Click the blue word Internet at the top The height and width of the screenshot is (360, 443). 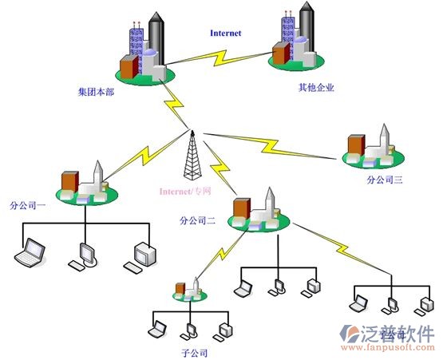point(225,34)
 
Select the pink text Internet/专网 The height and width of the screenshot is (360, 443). point(184,192)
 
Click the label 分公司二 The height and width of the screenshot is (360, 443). point(197,220)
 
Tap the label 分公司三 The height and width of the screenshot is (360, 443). point(385,180)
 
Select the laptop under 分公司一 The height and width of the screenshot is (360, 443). point(32,254)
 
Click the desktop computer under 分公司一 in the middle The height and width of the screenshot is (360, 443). point(86,254)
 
